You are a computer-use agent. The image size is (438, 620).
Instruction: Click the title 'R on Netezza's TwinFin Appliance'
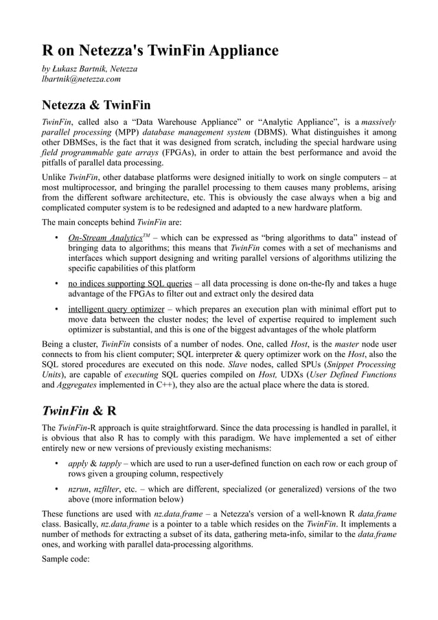click(x=160, y=50)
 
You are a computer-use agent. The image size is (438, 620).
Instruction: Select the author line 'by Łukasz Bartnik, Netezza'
click(x=90, y=69)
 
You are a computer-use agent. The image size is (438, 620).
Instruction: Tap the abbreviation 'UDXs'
click(x=284, y=375)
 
